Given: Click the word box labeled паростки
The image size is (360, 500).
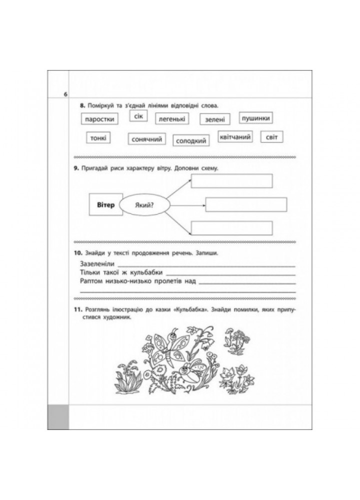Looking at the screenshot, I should pyautogui.click(x=98, y=119).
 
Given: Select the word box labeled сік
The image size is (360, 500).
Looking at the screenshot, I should pyautogui.click(x=136, y=116).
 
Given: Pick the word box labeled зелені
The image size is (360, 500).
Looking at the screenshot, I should pyautogui.click(x=215, y=119).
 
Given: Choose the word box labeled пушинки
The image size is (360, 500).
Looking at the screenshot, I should pyautogui.click(x=255, y=118).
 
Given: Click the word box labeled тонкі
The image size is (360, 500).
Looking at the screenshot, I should pyautogui.click(x=98, y=138).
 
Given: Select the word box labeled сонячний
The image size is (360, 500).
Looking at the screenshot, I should pyautogui.click(x=147, y=139).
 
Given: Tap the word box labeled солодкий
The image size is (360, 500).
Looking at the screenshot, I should pyautogui.click(x=191, y=141).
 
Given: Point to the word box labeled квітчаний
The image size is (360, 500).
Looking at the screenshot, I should pyautogui.click(x=235, y=136).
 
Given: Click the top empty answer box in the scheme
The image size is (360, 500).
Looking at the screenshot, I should pyautogui.click(x=231, y=181).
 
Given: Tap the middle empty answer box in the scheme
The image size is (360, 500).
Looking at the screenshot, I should pyautogui.click(x=246, y=205).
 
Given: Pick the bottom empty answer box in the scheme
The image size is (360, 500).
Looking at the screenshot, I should pyautogui.click(x=231, y=228).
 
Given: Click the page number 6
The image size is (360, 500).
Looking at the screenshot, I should pyautogui.click(x=64, y=95).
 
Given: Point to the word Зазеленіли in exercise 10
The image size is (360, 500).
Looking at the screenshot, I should pyautogui.click(x=97, y=263).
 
